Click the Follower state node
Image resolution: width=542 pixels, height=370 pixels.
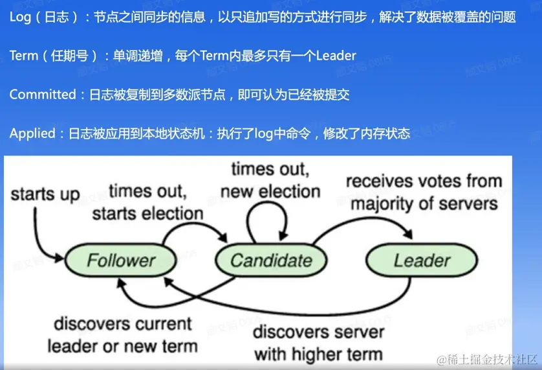pyautogui.click(x=121, y=260)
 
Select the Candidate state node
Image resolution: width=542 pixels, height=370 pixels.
pyautogui.click(x=271, y=260)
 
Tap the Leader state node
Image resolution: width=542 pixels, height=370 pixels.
pyautogui.click(x=422, y=260)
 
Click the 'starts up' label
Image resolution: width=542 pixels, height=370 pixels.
pyautogui.click(x=45, y=194)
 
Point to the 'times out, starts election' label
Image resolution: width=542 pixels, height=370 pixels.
pyautogui.click(x=147, y=202)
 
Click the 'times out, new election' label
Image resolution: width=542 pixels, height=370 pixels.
pyautogui.click(x=270, y=180)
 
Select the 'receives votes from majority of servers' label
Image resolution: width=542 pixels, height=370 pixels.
pyautogui.click(x=424, y=192)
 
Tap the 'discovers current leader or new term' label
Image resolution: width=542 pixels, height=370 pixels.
pyautogui.click(x=123, y=335)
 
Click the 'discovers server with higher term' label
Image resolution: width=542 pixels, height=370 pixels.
pyautogui.click(x=318, y=343)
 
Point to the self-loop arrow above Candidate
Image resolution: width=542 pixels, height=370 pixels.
pyautogui.click(x=267, y=203)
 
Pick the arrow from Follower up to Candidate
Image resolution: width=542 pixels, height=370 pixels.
pyautogui.click(x=193, y=224)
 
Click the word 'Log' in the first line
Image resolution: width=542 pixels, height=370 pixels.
pyautogui.click(x=20, y=17)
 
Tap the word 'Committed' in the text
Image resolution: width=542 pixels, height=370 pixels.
pyautogui.click(x=43, y=94)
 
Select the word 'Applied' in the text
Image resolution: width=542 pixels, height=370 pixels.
pyautogui.click(x=32, y=133)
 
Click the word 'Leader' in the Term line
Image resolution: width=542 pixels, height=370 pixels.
pyautogui.click(x=336, y=56)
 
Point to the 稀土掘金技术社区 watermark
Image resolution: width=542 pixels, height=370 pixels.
pyautogui.click(x=487, y=360)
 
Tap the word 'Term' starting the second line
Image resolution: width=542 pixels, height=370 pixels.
pyautogui.click(x=23, y=56)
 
